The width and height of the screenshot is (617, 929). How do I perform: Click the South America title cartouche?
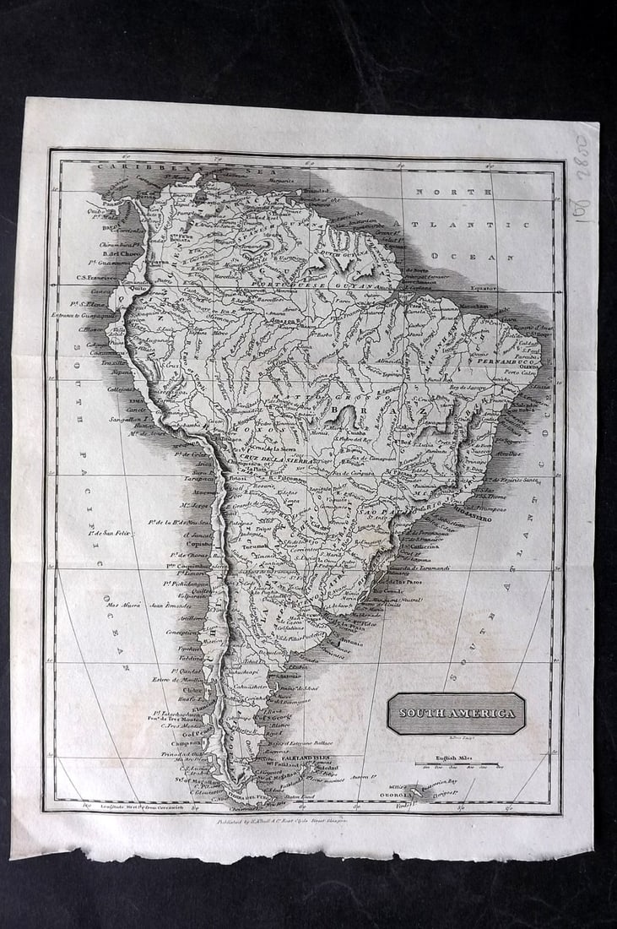click(456, 714)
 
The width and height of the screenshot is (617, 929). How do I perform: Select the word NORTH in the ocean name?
click(440, 193)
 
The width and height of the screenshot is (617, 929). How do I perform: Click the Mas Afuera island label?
click(122, 605)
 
